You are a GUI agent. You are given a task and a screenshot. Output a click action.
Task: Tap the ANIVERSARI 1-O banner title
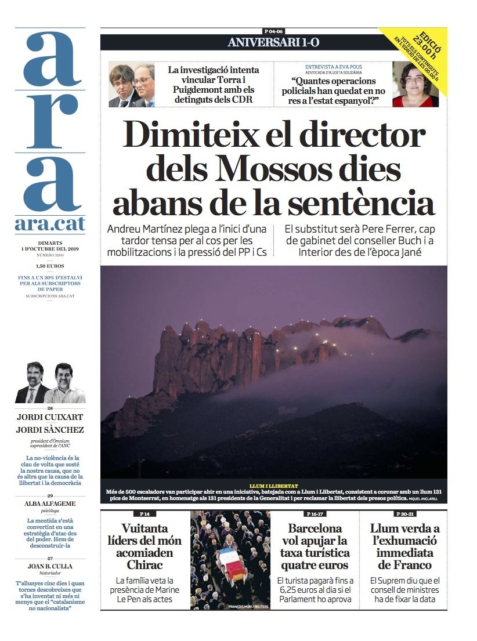[x=273, y=42]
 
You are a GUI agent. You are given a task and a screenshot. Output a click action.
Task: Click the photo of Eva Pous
[x=415, y=85]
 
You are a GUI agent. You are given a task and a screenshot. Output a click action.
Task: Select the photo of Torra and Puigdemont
[x=132, y=85]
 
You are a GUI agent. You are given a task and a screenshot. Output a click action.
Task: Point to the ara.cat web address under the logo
[x=50, y=223]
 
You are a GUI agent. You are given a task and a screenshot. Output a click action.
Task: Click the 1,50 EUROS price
[x=50, y=266]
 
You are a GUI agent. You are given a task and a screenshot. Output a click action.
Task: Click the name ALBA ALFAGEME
[x=50, y=504]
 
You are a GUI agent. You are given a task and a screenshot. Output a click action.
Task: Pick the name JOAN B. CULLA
[x=50, y=566]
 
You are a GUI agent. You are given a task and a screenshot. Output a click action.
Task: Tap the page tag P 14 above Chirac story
[x=144, y=514]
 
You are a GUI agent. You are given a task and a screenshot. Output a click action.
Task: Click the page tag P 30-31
[x=404, y=514]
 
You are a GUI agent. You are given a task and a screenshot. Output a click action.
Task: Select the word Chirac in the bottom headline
[x=144, y=564]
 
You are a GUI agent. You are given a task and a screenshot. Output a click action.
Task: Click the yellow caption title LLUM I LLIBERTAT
[x=274, y=486]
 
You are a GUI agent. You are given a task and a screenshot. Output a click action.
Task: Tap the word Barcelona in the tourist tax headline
[x=315, y=528]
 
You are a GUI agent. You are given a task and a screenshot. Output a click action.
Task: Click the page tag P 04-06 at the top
[x=273, y=31]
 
